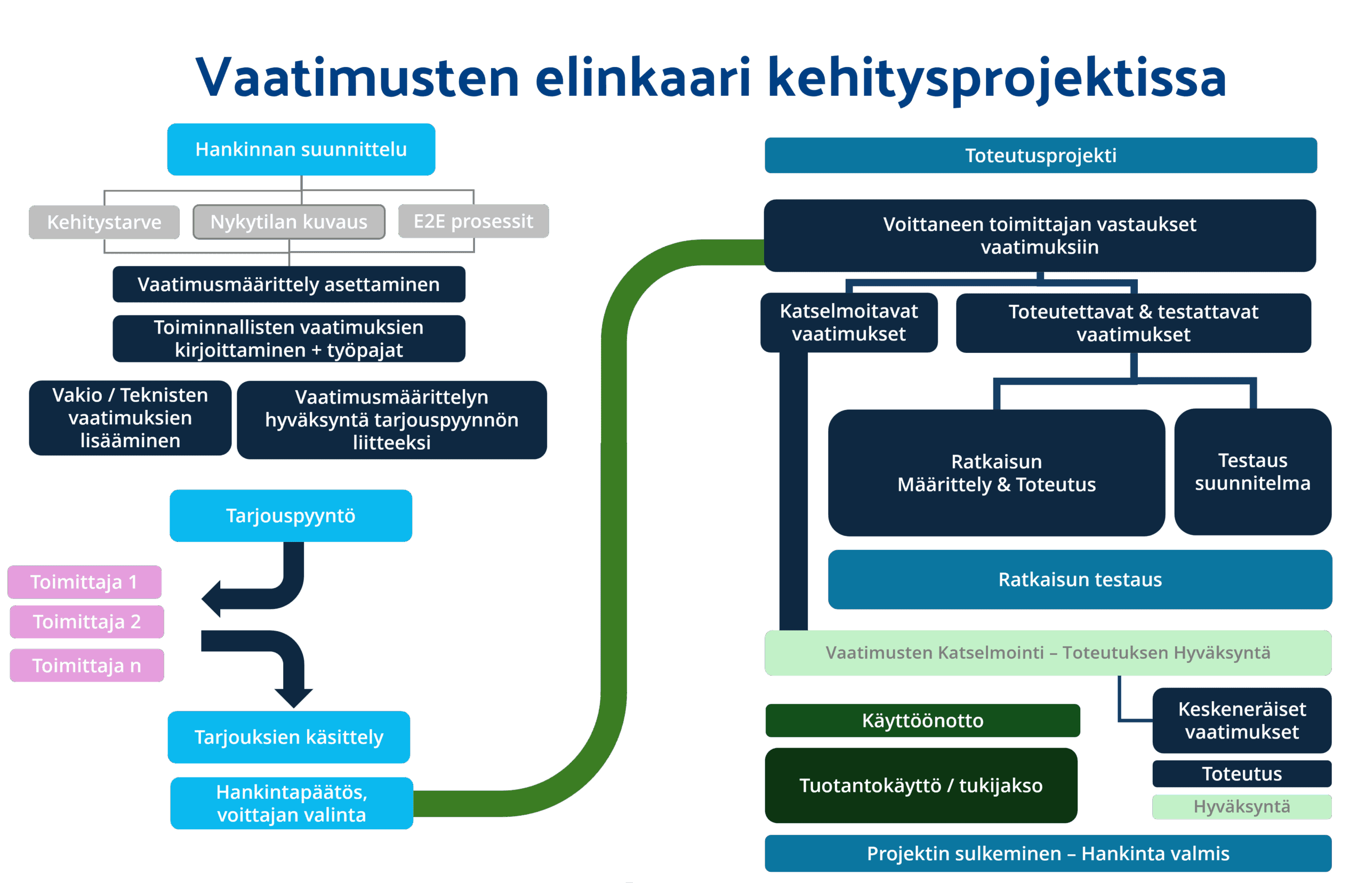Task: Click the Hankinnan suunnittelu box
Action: (301, 149)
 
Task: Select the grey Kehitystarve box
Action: (104, 222)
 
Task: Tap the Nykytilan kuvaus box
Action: (288, 221)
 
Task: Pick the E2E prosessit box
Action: (473, 221)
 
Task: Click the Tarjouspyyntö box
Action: (290, 515)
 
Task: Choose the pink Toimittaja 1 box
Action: (84, 581)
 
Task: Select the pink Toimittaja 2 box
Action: (86, 621)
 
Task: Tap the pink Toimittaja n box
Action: (86, 665)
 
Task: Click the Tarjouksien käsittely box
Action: (288, 737)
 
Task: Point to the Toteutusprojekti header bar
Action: (1040, 156)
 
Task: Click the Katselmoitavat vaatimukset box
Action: (849, 322)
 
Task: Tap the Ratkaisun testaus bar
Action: (1080, 579)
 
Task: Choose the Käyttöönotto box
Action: (922, 720)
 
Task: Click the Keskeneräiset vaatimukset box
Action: (1242, 720)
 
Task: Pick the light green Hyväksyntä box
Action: (1242, 806)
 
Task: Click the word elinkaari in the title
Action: (643, 77)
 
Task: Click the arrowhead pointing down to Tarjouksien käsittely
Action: (294, 697)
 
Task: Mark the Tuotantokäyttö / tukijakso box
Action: (920, 785)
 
